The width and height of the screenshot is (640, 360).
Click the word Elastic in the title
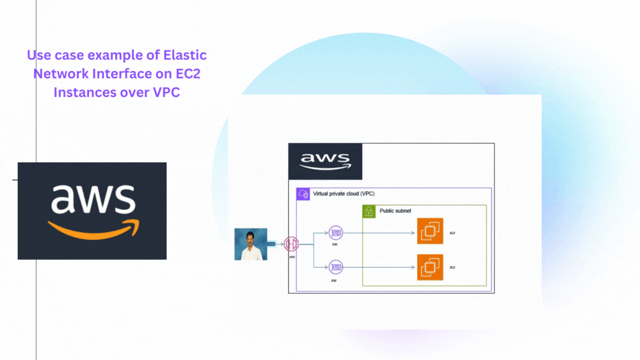click(x=185, y=56)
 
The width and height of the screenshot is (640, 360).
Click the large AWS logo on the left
click(x=92, y=211)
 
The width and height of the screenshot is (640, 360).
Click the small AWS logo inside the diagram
click(x=326, y=161)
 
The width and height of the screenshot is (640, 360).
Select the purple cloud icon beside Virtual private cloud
click(x=303, y=194)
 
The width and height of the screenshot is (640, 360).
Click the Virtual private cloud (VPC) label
click(x=343, y=194)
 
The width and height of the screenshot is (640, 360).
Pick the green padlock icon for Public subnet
click(x=369, y=211)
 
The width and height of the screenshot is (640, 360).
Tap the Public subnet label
click(x=395, y=211)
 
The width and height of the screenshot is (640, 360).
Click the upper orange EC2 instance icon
click(x=430, y=231)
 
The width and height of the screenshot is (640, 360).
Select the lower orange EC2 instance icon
click(x=430, y=267)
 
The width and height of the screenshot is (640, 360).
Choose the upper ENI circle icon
click(x=336, y=233)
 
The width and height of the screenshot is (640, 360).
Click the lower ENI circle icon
click(x=336, y=267)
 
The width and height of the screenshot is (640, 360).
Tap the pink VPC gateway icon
click(x=291, y=243)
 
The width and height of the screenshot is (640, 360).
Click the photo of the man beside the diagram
click(x=251, y=244)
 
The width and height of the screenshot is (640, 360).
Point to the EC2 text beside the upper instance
click(x=452, y=233)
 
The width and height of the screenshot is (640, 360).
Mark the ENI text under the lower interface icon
click(x=334, y=281)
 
